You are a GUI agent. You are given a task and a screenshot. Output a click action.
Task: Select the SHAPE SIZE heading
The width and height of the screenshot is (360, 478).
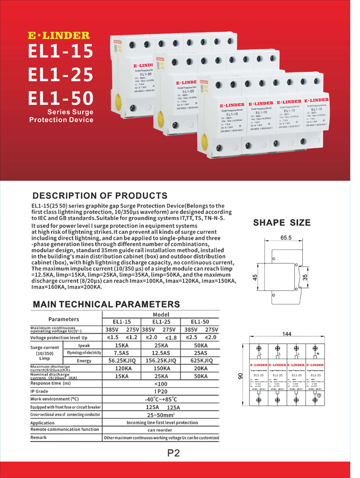click(282, 223)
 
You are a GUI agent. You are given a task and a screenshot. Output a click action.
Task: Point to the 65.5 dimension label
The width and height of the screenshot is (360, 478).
click(286, 238)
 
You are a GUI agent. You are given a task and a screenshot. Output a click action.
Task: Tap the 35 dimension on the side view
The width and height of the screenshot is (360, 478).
click(304, 277)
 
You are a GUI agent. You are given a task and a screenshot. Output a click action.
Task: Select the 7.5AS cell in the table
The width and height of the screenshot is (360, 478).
click(121, 353)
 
